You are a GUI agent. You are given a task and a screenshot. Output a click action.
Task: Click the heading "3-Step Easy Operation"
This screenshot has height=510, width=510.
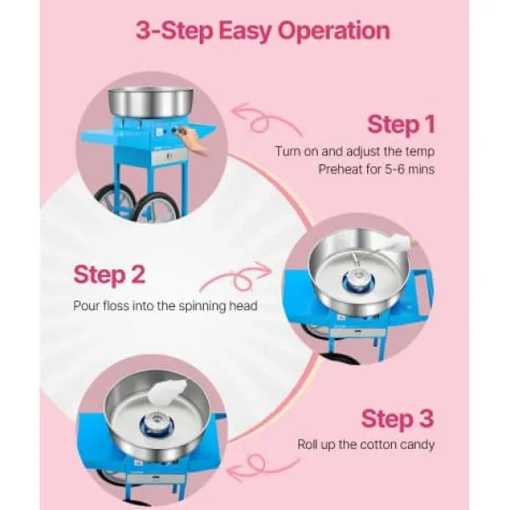point(263,31)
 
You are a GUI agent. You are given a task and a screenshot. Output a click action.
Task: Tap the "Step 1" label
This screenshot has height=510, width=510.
point(400,124)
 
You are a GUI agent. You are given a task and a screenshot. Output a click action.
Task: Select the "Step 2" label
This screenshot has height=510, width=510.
point(110,275)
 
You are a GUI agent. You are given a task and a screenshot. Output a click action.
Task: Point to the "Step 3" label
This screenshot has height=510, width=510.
point(398,419)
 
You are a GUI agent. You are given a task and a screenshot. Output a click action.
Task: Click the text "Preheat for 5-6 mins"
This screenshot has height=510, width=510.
point(376,169)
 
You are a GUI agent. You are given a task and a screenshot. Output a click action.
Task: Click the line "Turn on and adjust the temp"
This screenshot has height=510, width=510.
point(354,151)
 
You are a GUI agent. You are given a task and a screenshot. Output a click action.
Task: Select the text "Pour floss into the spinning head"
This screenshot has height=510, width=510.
point(165,306)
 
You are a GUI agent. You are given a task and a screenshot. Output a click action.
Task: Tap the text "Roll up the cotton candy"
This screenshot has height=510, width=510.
point(365,445)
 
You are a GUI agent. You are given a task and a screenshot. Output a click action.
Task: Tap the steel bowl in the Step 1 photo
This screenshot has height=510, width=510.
point(150,101)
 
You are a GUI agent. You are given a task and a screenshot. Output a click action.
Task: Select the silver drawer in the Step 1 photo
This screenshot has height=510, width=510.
point(169,156)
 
